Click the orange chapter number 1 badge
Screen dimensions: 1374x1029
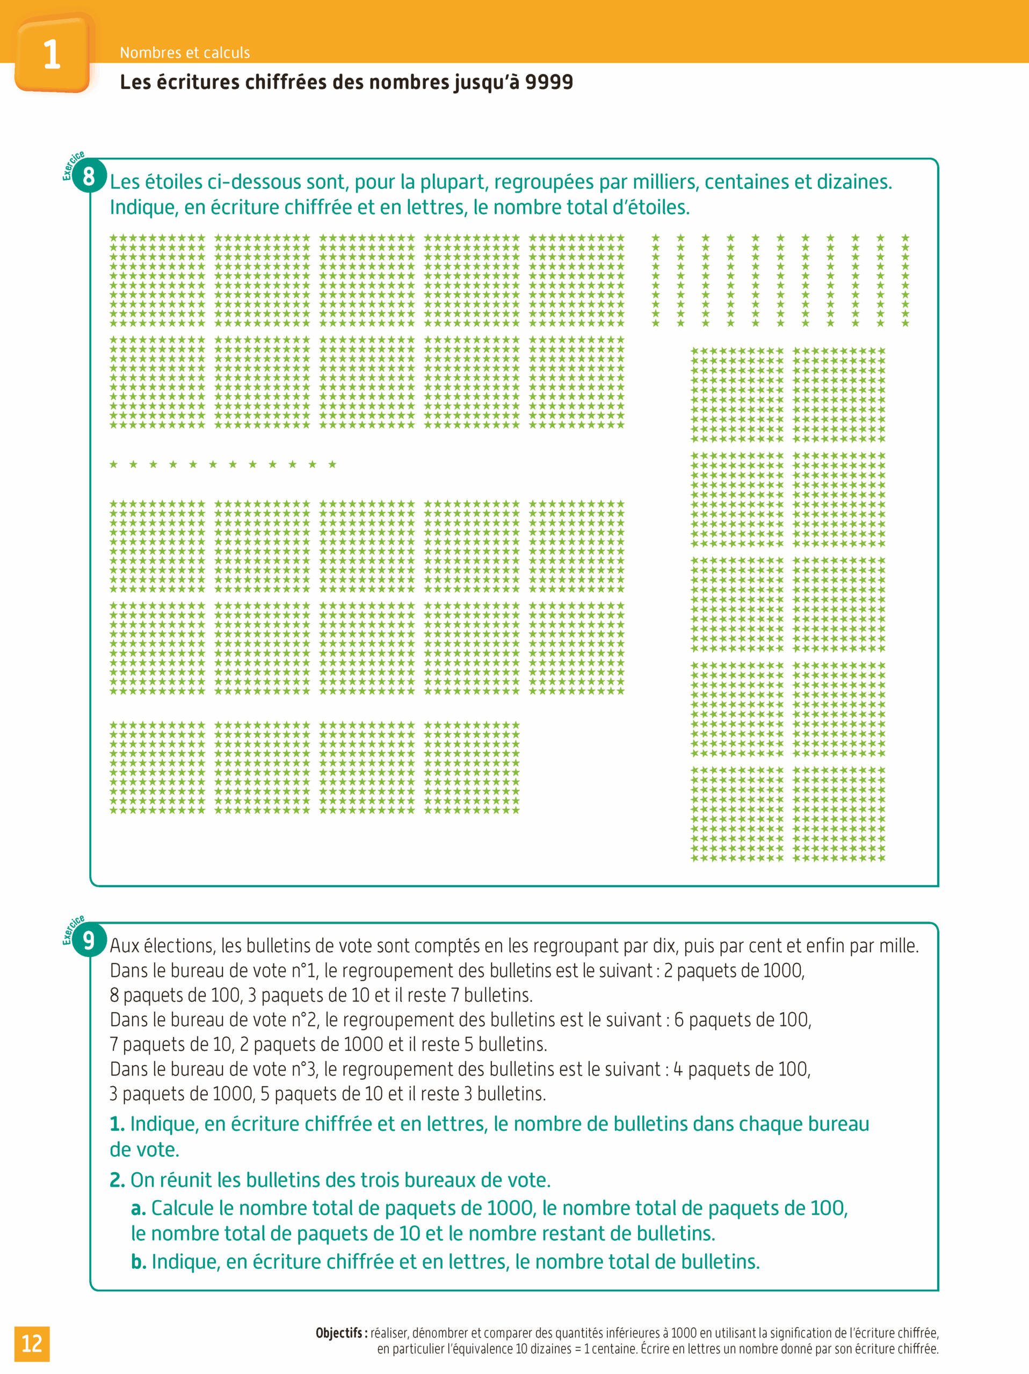pyautogui.click(x=52, y=55)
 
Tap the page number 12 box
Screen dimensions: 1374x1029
pyautogui.click(x=32, y=1343)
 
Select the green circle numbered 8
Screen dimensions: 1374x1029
pyautogui.click(x=89, y=177)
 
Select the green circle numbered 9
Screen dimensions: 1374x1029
pyautogui.click(x=89, y=940)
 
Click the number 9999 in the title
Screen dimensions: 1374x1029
pyautogui.click(x=549, y=82)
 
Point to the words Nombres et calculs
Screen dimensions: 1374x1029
pyautogui.click(x=185, y=53)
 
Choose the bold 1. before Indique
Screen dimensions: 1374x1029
pyautogui.click(x=118, y=1124)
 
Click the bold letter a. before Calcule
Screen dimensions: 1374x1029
pyautogui.click(x=138, y=1208)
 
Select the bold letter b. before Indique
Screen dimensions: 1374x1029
pyautogui.click(x=139, y=1262)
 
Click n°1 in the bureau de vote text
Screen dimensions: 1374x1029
pyautogui.click(x=304, y=970)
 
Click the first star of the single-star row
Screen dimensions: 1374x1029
pyautogui.click(x=114, y=464)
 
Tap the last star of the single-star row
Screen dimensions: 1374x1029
pyautogui.click(x=332, y=464)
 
